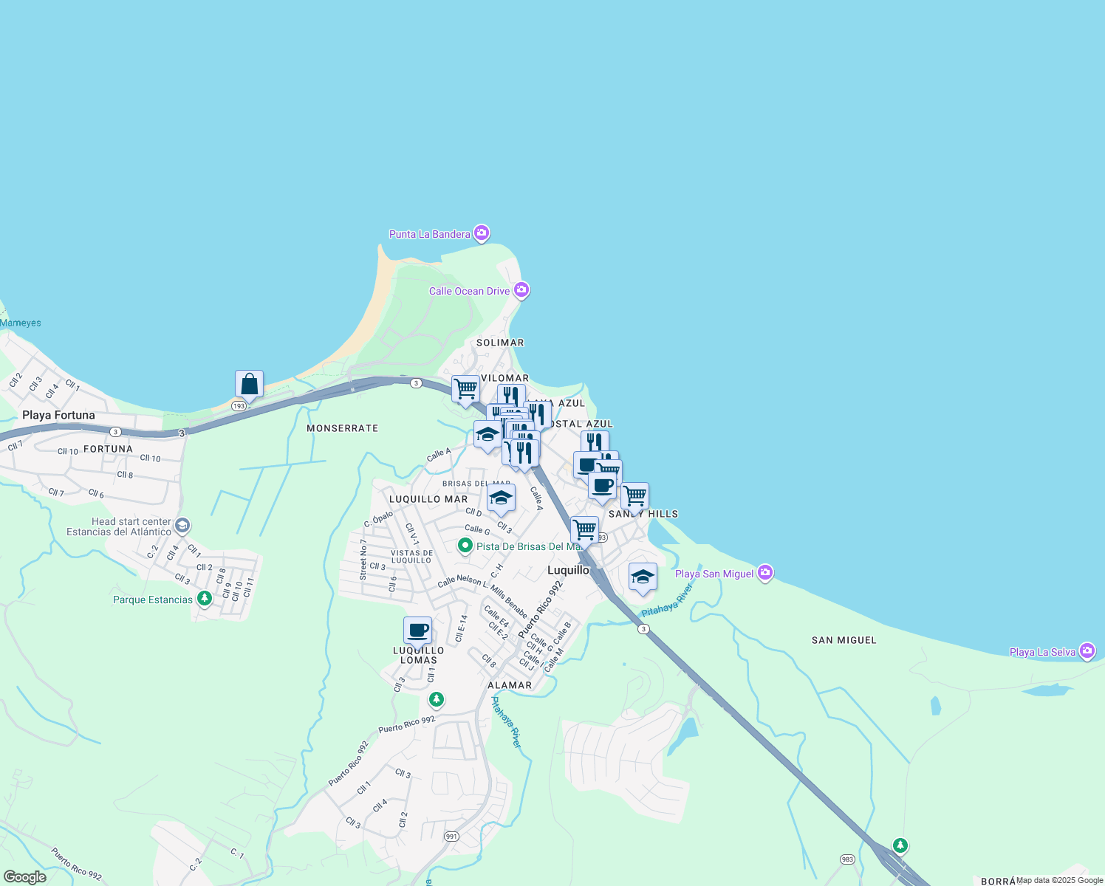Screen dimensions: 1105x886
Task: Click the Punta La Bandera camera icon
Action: point(482,233)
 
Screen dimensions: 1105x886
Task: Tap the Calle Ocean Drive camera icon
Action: point(521,290)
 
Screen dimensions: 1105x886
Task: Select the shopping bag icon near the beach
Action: point(249,385)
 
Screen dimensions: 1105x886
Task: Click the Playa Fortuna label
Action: point(58,415)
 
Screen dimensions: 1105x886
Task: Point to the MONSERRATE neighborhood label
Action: point(342,428)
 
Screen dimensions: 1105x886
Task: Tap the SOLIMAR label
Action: point(500,343)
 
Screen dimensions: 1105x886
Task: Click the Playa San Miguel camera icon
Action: point(765,573)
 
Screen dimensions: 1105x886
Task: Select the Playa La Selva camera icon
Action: point(1087,651)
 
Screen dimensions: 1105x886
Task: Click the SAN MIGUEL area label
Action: point(844,640)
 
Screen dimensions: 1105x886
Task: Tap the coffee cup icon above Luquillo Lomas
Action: point(417,631)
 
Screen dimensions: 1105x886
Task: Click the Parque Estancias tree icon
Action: point(204,599)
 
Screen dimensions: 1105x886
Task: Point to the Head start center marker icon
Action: point(182,526)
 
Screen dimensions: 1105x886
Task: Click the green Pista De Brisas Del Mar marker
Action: point(465,546)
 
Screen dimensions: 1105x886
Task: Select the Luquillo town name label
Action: point(568,570)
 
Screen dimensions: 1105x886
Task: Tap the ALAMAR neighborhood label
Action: point(510,685)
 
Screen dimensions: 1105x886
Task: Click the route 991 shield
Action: point(452,837)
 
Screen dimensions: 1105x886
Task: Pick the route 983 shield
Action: point(847,859)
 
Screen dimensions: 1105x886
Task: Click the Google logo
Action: point(24,877)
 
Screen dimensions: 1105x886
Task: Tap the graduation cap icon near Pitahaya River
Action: point(643,577)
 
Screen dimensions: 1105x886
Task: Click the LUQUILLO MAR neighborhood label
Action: point(428,499)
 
